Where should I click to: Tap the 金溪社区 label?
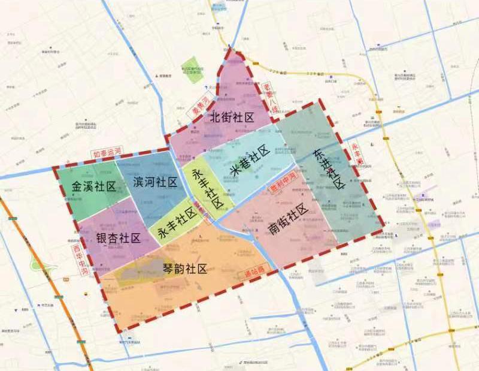pos(93,186)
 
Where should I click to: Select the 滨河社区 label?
pos(155,182)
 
